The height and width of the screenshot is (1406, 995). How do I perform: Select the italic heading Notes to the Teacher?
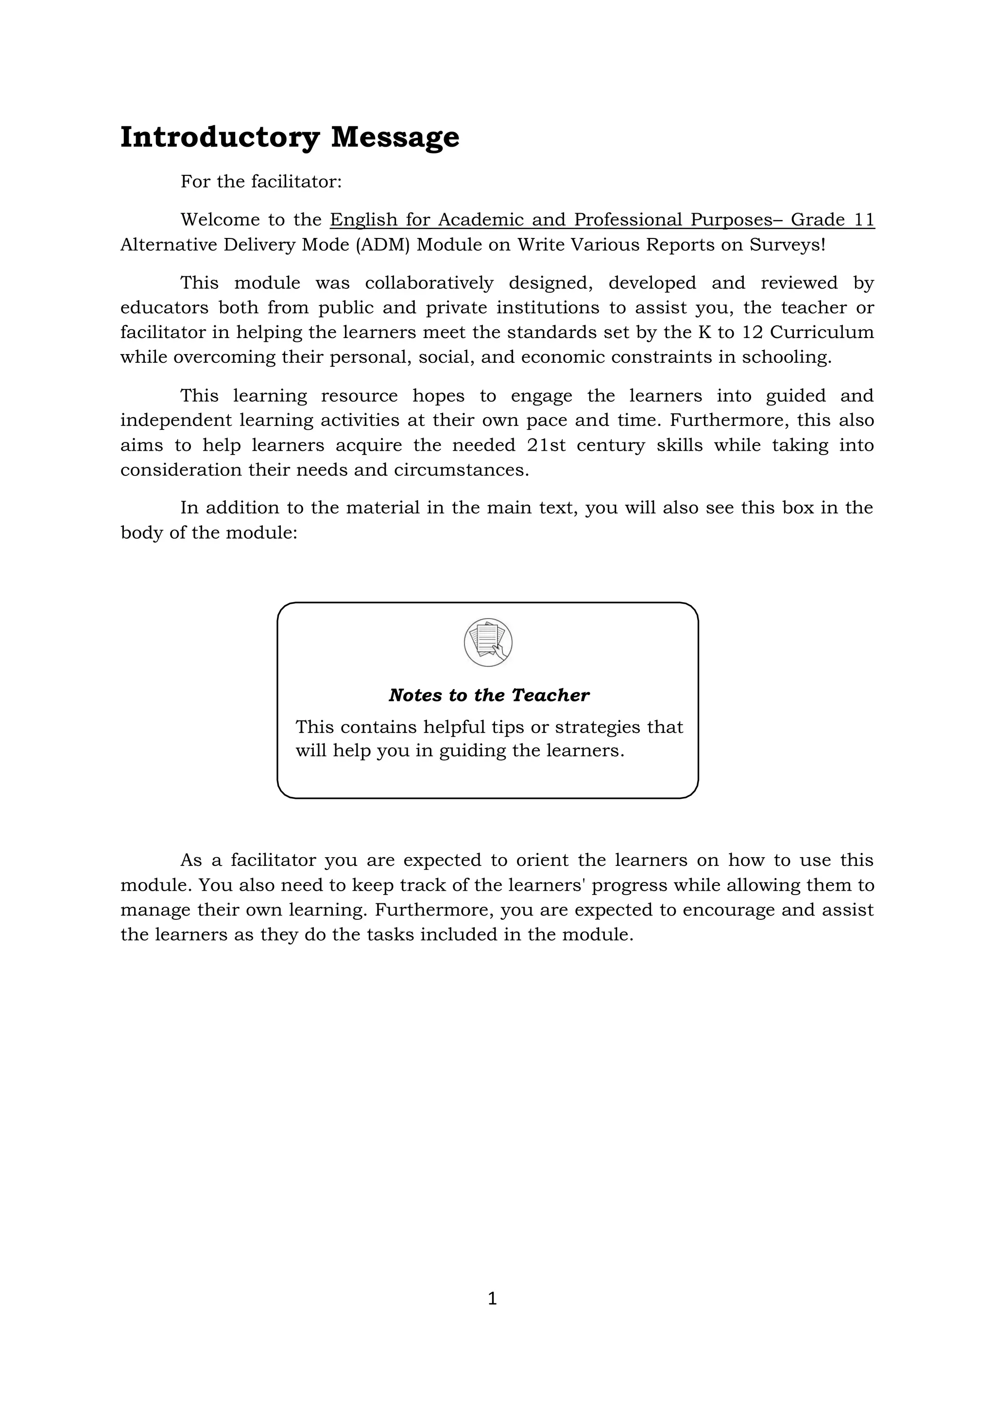[488, 695]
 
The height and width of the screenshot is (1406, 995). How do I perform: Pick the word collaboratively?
[429, 283]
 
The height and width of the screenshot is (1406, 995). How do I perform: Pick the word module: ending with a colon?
[261, 533]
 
